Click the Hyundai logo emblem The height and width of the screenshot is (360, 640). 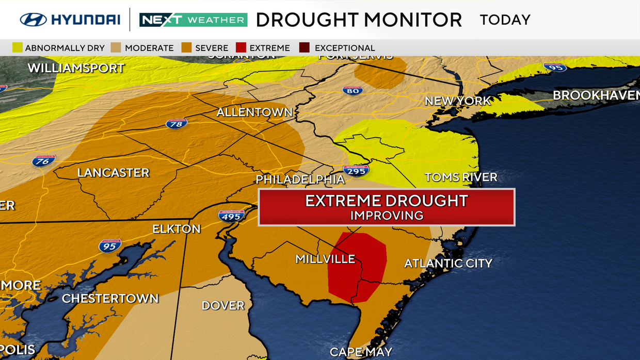[x=33, y=20]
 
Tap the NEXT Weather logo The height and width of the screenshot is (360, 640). [x=193, y=20]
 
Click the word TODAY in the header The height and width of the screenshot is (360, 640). [x=505, y=20]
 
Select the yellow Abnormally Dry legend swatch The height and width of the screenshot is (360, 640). [x=18, y=48]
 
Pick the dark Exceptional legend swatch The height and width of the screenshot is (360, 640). [x=304, y=48]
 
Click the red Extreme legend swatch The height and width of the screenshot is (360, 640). [x=241, y=48]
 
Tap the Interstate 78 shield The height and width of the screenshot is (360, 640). [x=177, y=124]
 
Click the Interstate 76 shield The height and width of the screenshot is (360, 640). [x=43, y=160]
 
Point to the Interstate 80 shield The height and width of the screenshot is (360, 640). [x=353, y=90]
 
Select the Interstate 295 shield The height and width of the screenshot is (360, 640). [x=356, y=170]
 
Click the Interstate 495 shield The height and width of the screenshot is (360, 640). [x=231, y=216]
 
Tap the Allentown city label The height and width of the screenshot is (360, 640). [x=254, y=112]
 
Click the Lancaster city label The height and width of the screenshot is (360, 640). [x=113, y=173]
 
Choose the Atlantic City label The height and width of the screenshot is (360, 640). [x=448, y=263]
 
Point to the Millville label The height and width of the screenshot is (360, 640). [x=325, y=259]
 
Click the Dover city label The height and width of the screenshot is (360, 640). [x=223, y=305]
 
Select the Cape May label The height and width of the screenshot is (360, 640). [x=361, y=352]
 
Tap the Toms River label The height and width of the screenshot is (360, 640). [x=461, y=177]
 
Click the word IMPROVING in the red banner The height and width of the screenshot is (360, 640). [x=387, y=215]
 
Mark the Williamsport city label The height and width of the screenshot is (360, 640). [x=76, y=68]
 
